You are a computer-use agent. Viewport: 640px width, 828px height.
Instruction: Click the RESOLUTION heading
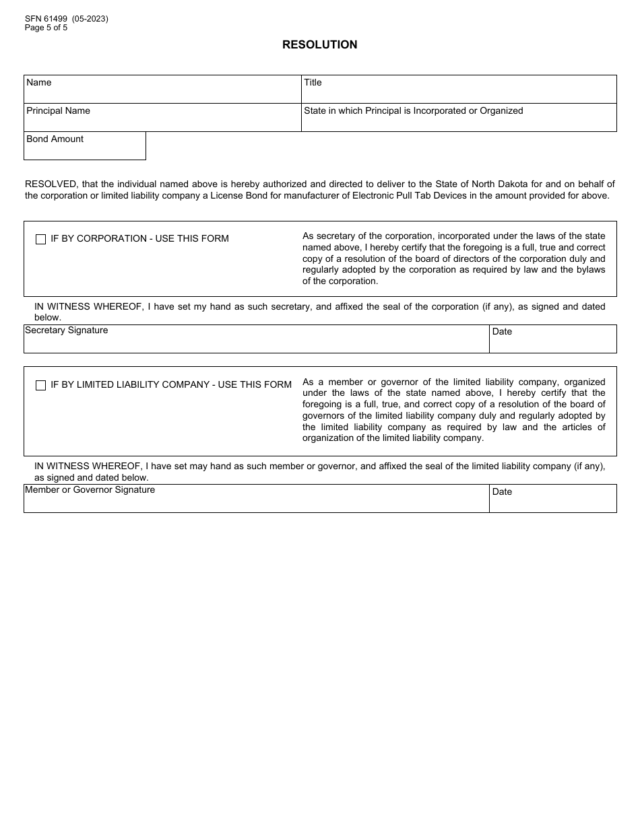319,44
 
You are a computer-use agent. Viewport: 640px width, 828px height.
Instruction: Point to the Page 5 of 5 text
46,28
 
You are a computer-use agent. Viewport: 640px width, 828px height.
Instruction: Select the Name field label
38,82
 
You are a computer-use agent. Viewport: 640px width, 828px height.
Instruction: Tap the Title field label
313,82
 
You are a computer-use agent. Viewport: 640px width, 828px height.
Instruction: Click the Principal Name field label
58,110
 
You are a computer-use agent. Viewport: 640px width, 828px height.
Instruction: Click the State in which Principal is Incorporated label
413,110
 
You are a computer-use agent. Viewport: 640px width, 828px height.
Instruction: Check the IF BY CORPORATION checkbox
40,239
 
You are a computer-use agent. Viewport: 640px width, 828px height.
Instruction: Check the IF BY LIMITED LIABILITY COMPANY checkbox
40,385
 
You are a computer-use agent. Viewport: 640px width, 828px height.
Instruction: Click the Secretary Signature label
66,330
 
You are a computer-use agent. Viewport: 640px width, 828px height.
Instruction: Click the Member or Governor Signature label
90,489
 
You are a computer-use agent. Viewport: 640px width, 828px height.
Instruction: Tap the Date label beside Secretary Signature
502,331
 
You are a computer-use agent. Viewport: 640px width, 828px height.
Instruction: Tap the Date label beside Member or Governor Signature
502,491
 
